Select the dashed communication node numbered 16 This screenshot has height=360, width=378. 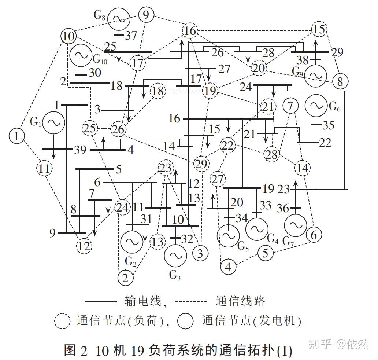click(190, 31)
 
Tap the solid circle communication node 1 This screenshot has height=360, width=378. click(16, 136)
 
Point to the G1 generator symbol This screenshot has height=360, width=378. click(53, 123)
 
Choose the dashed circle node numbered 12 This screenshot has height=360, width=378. click(84, 246)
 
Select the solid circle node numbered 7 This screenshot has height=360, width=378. click(290, 106)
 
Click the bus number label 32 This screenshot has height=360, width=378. click(187, 239)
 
